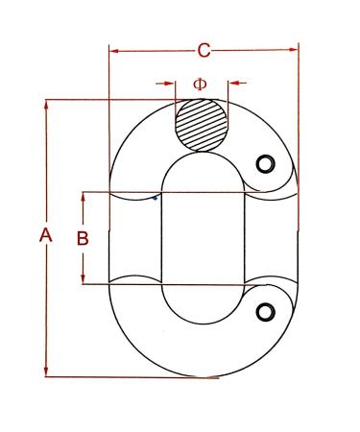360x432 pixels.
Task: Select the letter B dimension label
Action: pyautogui.click(x=83, y=238)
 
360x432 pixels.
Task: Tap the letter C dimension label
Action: pyautogui.click(x=204, y=49)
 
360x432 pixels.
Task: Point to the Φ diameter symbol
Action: pyautogui.click(x=200, y=84)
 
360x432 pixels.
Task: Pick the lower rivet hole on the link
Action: pyautogui.click(x=266, y=309)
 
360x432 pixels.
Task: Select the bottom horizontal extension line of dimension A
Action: pyautogui.click(x=134, y=376)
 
